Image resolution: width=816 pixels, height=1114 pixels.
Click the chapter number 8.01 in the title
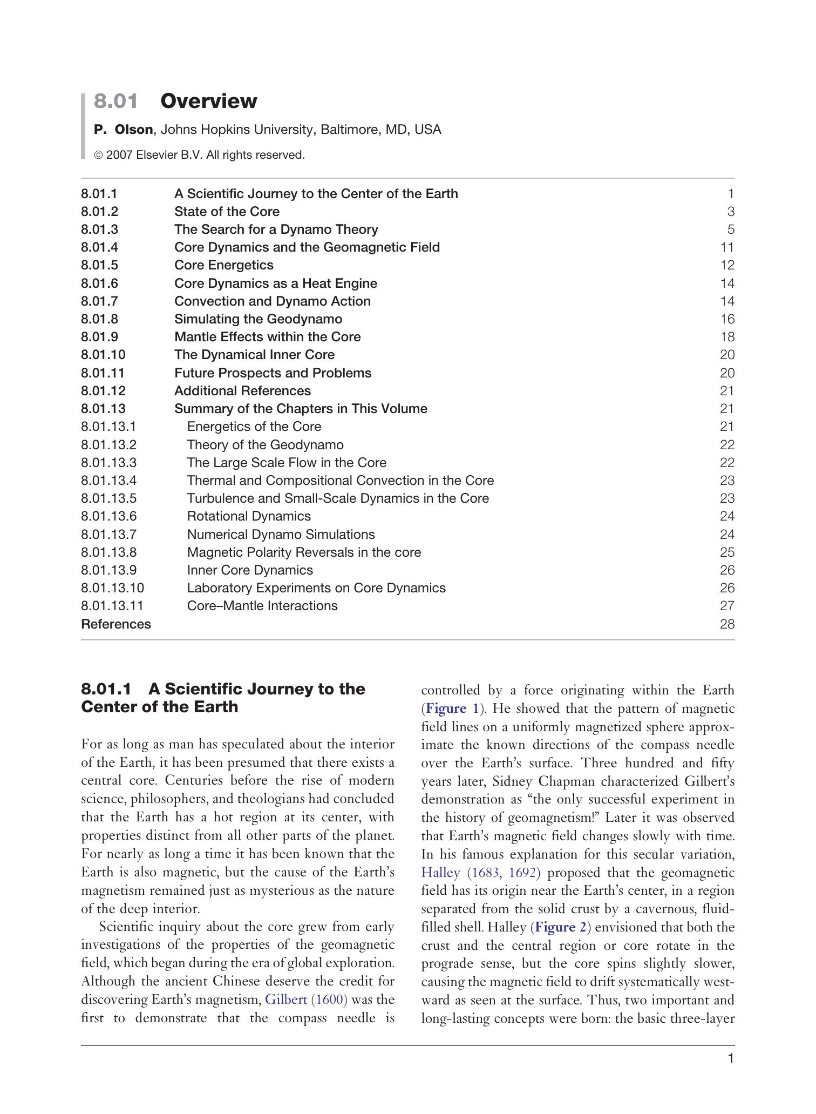[x=115, y=101]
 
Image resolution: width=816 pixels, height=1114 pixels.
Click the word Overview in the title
[x=209, y=101]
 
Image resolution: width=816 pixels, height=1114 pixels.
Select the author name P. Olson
[x=123, y=130]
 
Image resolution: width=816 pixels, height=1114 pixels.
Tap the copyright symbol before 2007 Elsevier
[x=99, y=156]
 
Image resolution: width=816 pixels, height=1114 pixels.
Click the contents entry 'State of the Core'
[x=227, y=212]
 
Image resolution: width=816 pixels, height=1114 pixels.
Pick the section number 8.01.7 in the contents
[x=99, y=301]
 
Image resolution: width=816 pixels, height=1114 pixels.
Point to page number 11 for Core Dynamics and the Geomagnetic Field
[x=727, y=247]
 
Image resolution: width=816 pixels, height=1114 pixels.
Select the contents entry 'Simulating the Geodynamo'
[x=258, y=319]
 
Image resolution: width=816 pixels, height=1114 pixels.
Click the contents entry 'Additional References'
[x=242, y=391]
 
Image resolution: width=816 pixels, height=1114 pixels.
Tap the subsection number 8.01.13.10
[x=112, y=588]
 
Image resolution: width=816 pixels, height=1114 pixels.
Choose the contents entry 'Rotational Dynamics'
[x=249, y=516]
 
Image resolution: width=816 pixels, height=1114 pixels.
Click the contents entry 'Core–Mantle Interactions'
[x=262, y=606]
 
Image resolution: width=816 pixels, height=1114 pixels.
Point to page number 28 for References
[x=727, y=624]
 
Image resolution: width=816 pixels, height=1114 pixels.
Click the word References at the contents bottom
[x=116, y=624]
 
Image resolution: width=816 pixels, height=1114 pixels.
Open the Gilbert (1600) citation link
[x=306, y=1000]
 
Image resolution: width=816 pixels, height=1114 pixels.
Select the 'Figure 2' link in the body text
[x=561, y=927]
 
